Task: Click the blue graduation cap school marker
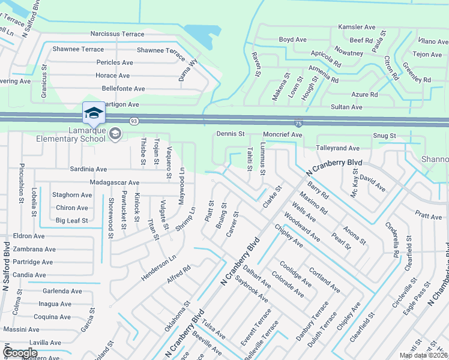pyautogui.click(x=93, y=113)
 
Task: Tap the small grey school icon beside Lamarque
pyautogui.click(x=115, y=134)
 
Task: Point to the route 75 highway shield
pyautogui.click(x=298, y=122)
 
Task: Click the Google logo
pyautogui.click(x=20, y=353)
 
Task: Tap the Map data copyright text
pyautogui.click(x=423, y=355)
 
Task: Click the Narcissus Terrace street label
pyautogui.click(x=117, y=34)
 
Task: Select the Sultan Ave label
pyautogui.click(x=348, y=107)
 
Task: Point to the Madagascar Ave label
pyautogui.click(x=113, y=182)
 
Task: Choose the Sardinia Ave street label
pyautogui.click(x=88, y=170)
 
